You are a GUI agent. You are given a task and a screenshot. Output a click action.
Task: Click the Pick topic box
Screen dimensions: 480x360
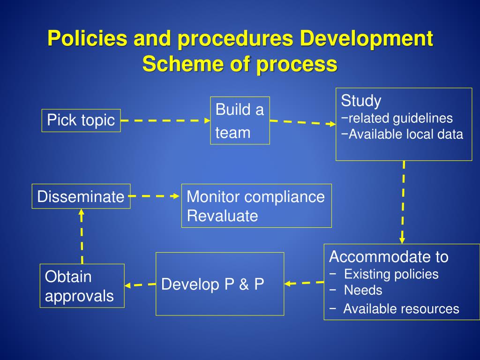coord(81,120)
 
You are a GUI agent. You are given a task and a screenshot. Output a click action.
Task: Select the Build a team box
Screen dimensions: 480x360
coord(240,121)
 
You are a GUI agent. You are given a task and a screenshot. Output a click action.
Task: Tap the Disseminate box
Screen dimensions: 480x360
coord(81,196)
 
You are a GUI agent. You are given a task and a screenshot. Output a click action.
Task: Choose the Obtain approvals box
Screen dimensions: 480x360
coord(82,286)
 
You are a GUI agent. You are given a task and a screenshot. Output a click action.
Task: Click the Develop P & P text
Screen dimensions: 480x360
coord(213,285)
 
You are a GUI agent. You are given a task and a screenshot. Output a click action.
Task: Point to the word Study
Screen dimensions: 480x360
coord(361,101)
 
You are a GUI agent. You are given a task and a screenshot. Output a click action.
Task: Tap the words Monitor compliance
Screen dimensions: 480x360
coord(255,197)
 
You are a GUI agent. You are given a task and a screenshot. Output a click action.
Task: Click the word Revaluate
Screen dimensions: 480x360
coord(222,216)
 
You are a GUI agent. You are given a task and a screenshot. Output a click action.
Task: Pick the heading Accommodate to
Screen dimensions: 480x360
coord(389,257)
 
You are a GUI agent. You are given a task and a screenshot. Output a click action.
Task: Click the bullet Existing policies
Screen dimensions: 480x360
coord(391,274)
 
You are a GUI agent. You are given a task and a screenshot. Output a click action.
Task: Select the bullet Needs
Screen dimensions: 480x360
coord(363,290)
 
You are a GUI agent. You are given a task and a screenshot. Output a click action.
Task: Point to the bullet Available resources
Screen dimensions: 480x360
coord(401,309)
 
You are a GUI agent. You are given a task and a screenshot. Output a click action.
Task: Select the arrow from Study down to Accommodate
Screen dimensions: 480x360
coord(403,202)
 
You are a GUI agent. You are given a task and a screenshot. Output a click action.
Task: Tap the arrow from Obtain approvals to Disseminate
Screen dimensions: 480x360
coord(82,236)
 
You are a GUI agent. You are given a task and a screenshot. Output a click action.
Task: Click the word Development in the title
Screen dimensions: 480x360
coord(366,38)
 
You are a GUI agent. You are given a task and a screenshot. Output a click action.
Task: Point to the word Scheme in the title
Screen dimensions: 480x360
coord(175,64)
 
